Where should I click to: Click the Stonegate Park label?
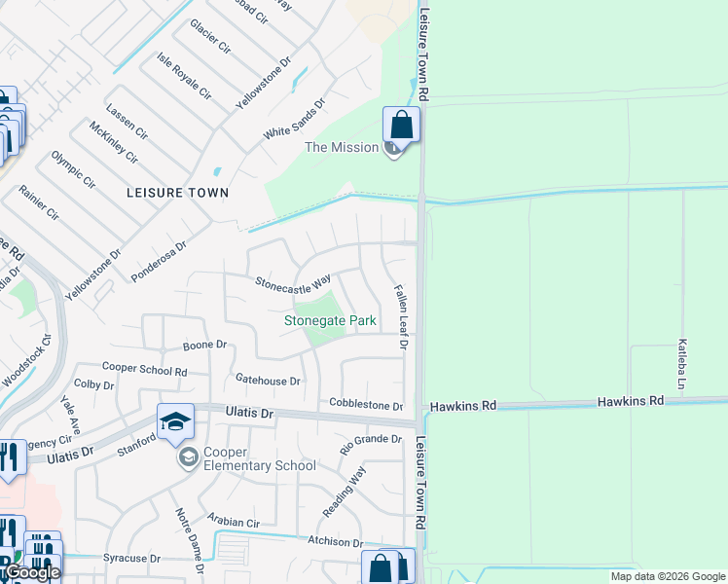[330, 320]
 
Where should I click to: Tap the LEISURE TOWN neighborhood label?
[177, 193]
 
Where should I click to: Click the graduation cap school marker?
[175, 421]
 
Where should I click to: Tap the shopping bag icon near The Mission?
[401, 125]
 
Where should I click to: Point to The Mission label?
[342, 147]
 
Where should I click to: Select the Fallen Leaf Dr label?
[400, 317]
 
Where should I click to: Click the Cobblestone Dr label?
[366, 405]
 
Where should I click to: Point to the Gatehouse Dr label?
[268, 380]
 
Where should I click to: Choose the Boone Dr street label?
[204, 345]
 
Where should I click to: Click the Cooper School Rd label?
[145, 371]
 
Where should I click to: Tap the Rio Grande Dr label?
[371, 445]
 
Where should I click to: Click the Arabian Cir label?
[234, 523]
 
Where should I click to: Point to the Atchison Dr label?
[335, 543]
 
